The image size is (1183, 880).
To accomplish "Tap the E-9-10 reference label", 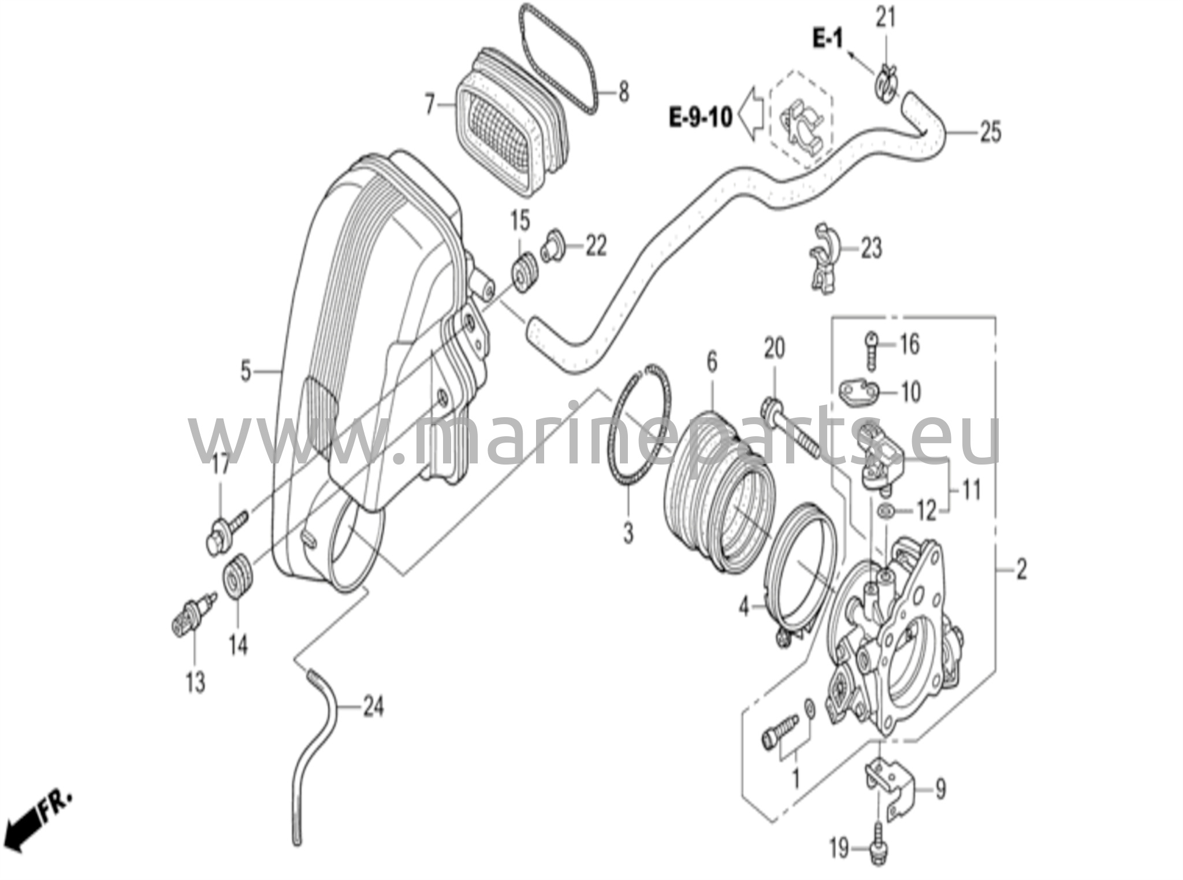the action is [x=701, y=117].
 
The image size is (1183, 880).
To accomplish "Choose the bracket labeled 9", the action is [x=890, y=788].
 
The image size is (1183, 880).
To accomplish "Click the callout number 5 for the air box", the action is [x=245, y=372].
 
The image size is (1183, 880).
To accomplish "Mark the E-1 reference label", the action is [x=828, y=39].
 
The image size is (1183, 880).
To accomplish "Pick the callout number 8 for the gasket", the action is [x=623, y=93].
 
